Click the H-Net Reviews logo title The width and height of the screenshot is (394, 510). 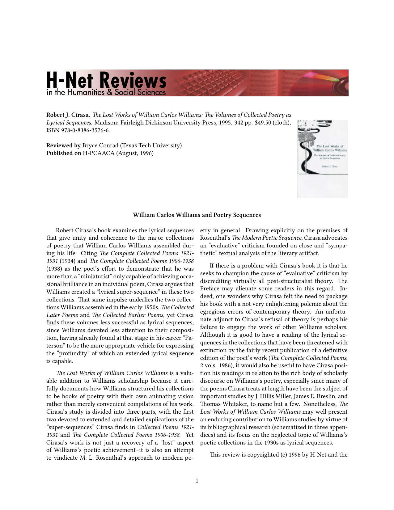click(x=106, y=80)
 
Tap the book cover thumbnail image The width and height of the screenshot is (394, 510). click(x=322, y=159)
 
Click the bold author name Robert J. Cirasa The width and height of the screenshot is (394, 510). click(x=67, y=115)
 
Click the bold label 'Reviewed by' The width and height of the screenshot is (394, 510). click(x=63, y=145)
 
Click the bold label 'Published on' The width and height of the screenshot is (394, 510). click(x=64, y=153)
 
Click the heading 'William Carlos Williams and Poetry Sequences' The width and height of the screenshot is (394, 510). click(x=197, y=215)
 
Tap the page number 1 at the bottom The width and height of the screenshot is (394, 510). click(x=197, y=481)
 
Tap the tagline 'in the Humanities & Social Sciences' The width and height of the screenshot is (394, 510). click(x=106, y=92)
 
